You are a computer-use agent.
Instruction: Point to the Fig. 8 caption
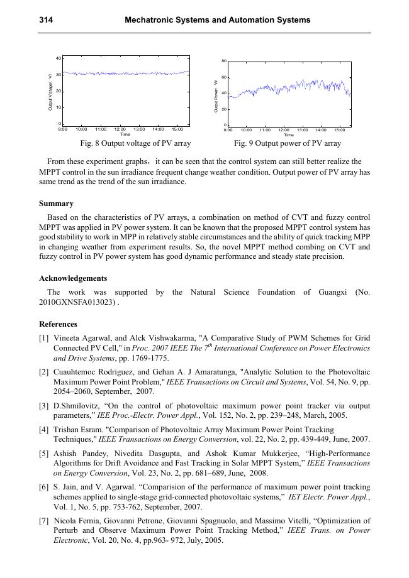point(126,144)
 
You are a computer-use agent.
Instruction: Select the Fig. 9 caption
point(288,144)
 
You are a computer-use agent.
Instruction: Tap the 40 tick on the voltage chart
point(59,58)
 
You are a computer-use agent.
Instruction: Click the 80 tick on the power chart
point(224,61)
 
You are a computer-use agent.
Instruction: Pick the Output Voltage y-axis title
point(50,92)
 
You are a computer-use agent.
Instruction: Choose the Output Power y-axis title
point(215,95)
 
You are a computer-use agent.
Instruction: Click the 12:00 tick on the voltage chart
point(120,129)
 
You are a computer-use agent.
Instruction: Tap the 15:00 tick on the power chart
point(339,130)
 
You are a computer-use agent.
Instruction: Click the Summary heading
point(56,204)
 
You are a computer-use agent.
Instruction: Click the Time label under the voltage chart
point(125,134)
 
